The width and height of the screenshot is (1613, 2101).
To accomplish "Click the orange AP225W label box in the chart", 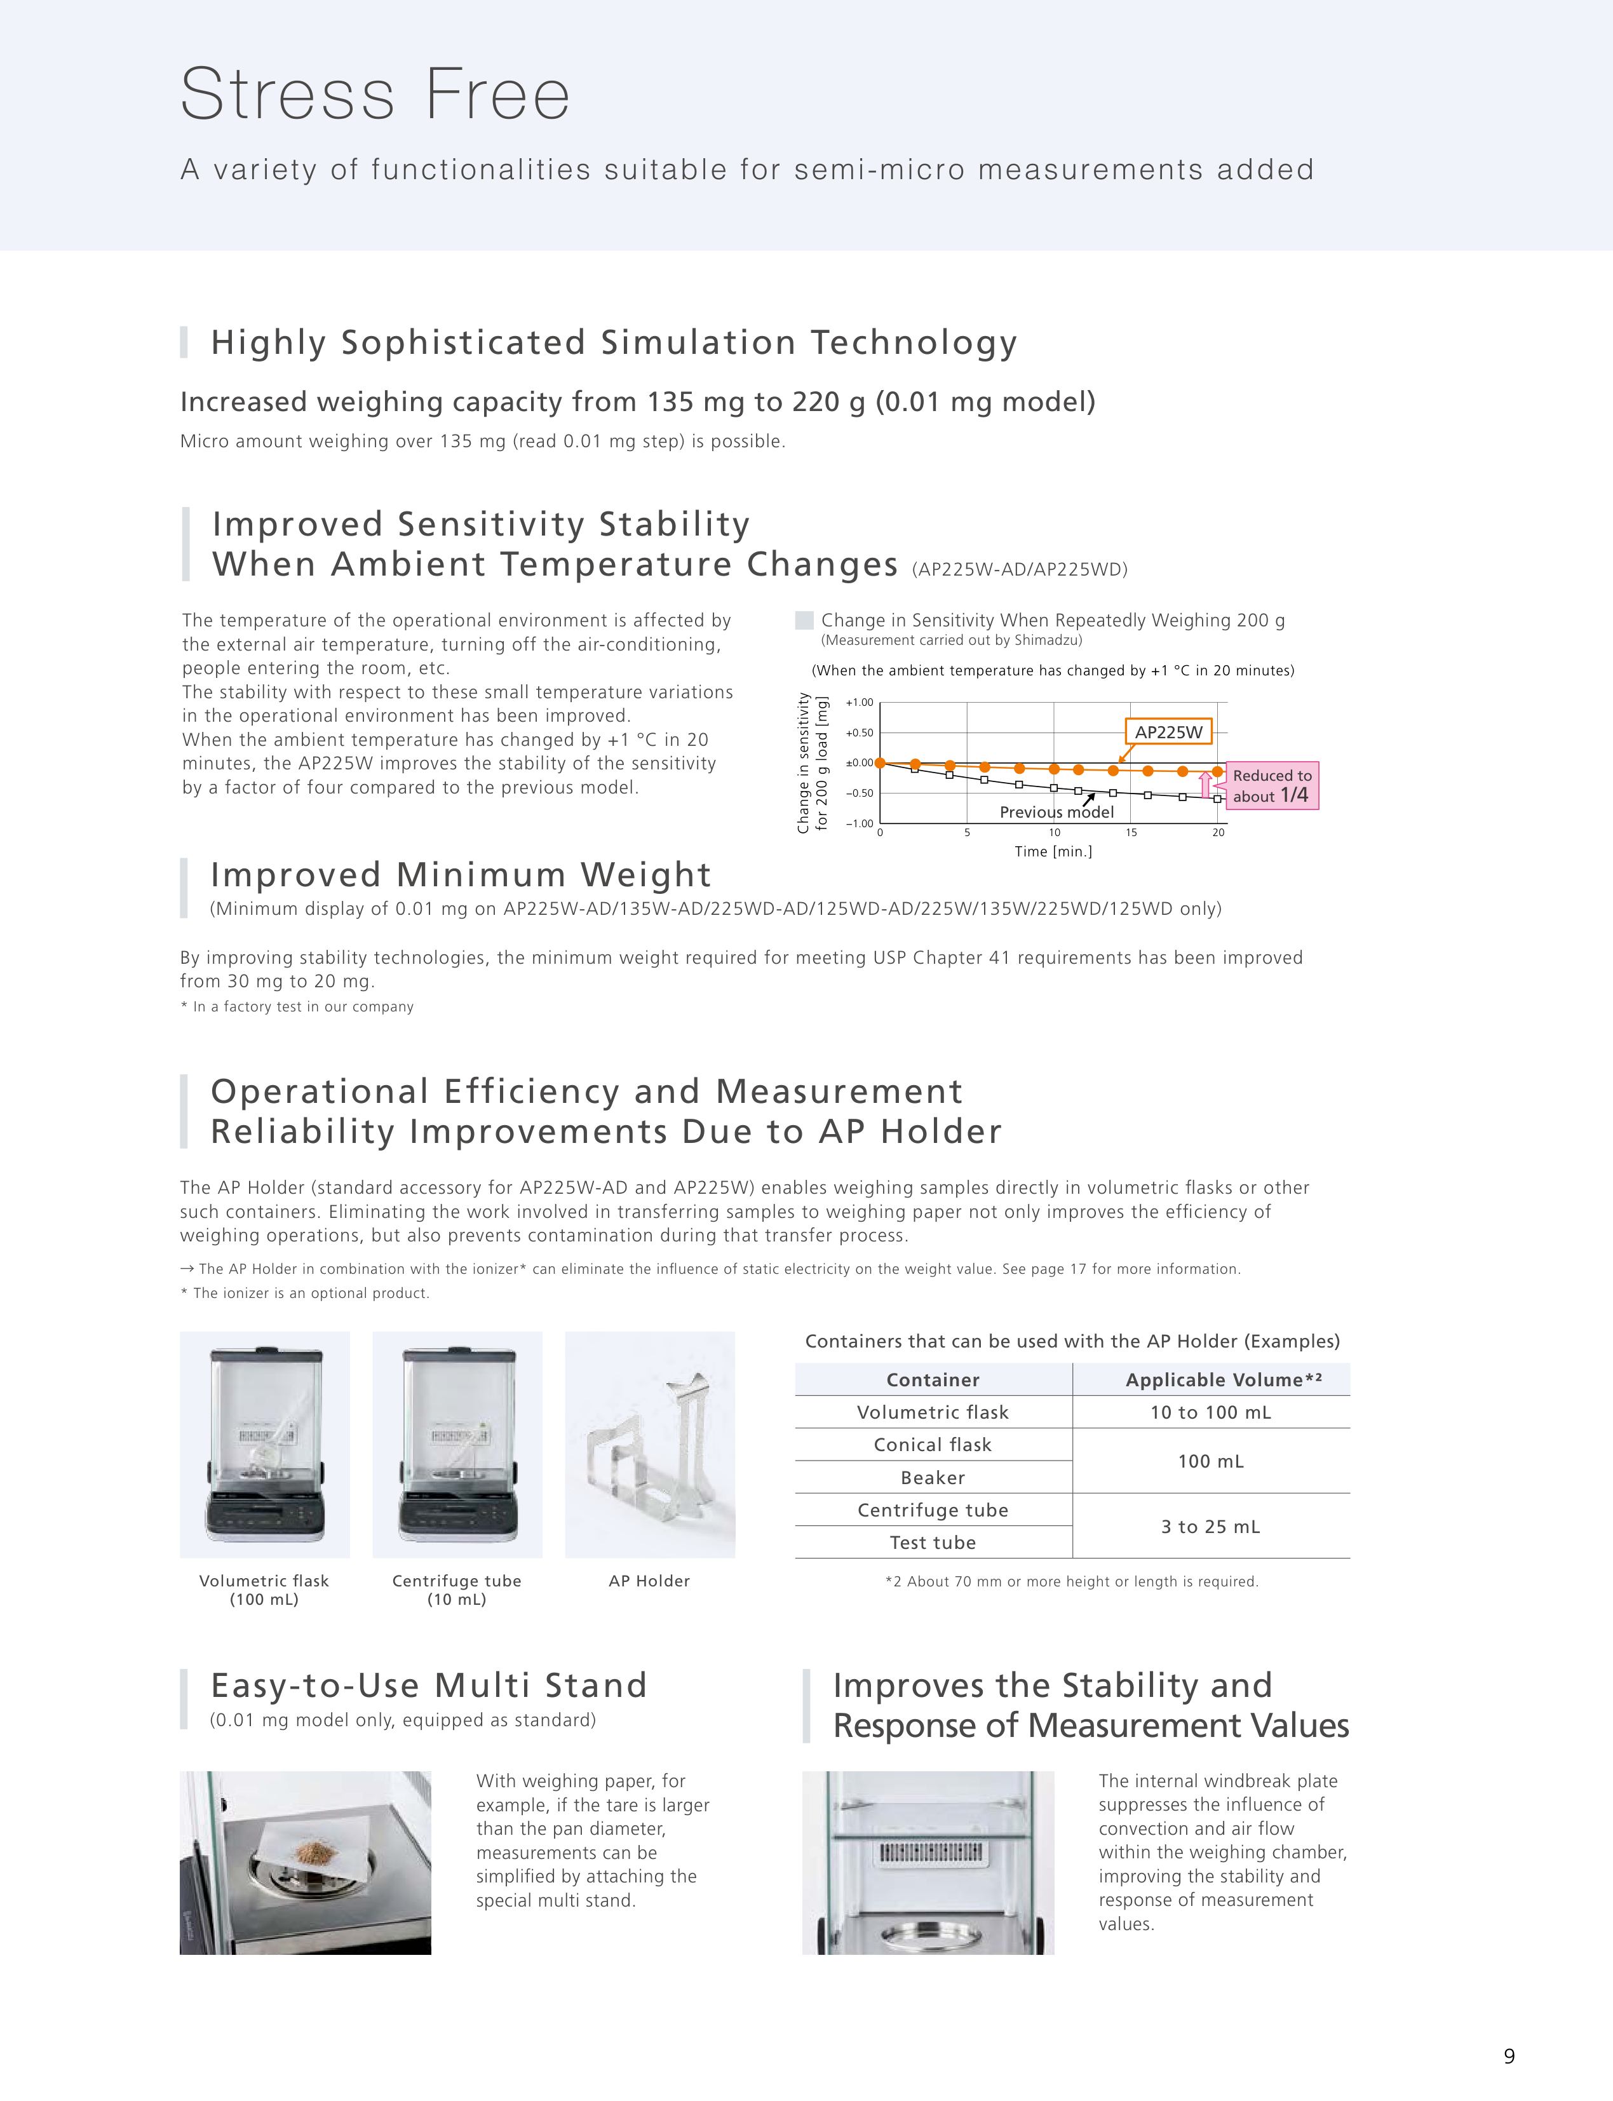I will [1168, 732].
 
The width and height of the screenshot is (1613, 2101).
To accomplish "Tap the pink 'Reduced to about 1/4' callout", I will [1271, 785].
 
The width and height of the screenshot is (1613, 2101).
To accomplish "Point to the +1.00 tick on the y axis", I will [860, 702].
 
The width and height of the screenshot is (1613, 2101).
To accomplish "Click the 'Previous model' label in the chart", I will [1056, 813].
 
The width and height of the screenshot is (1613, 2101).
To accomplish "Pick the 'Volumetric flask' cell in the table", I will [932, 1412].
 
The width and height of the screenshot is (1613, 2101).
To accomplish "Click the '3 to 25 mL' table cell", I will [1210, 1526].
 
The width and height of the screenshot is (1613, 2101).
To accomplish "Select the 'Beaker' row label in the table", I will [932, 1478].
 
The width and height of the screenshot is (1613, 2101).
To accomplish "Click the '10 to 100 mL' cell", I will [1210, 1412].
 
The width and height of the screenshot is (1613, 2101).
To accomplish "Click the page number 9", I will [1508, 2056].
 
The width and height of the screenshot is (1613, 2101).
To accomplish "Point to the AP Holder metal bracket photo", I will [650, 1444].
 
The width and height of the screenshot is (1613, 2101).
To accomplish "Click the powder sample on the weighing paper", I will [309, 1848].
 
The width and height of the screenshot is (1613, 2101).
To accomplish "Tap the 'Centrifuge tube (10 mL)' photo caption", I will [457, 1589].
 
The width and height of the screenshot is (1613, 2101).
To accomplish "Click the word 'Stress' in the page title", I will [287, 95].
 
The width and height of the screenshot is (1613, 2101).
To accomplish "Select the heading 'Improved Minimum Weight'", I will [461, 875].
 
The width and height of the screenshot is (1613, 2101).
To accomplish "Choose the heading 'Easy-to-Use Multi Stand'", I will [428, 1686].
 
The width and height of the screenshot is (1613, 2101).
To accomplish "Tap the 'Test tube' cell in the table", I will [932, 1542].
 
